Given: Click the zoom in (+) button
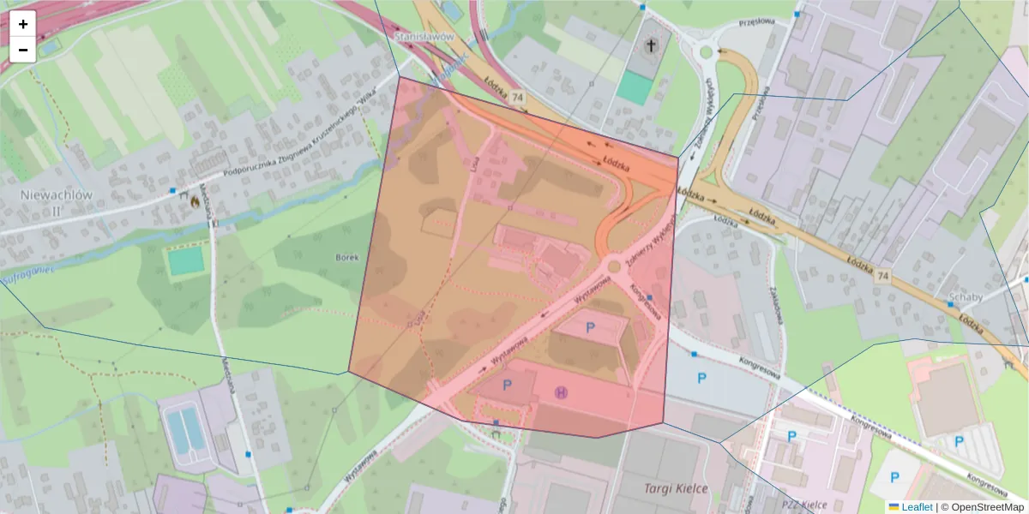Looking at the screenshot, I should click(x=22, y=24).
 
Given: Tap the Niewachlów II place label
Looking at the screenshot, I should click(x=56, y=201).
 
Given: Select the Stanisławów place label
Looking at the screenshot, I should click(x=423, y=38).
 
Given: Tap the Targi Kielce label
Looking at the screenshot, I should click(x=677, y=488).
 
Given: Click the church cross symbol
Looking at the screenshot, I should click(x=653, y=45).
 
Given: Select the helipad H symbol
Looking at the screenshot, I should click(x=562, y=392).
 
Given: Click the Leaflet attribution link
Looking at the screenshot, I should click(x=916, y=507).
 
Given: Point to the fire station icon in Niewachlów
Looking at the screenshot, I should click(x=195, y=202).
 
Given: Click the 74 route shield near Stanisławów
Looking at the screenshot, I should click(x=517, y=99).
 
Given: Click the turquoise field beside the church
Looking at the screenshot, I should click(x=635, y=88).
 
